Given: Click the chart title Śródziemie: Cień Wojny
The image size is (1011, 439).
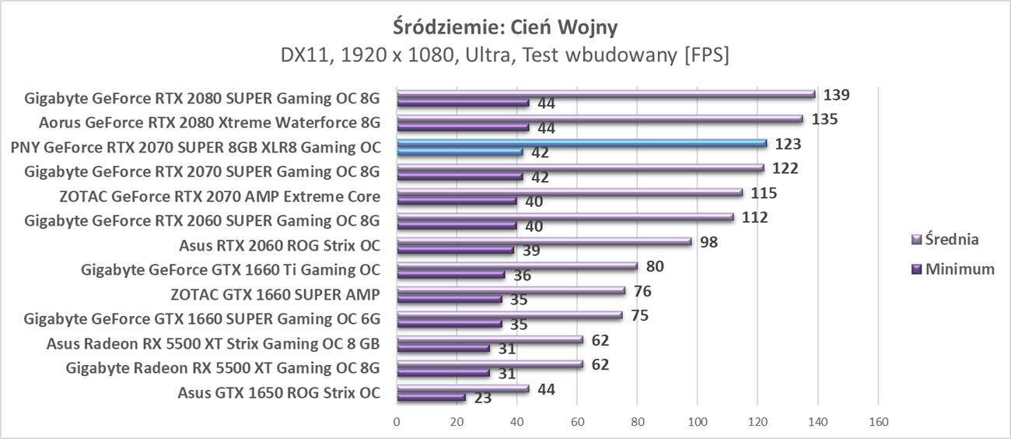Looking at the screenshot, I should click(x=505, y=26).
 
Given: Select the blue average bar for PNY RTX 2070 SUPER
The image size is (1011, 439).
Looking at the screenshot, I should click(x=581, y=143).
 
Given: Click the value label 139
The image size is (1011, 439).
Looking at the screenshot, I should click(x=837, y=95).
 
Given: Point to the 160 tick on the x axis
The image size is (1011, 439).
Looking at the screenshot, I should click(x=877, y=422).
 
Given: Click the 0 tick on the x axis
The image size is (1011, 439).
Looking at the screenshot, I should click(x=397, y=422).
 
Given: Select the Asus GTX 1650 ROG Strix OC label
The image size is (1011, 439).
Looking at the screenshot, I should click(x=279, y=393).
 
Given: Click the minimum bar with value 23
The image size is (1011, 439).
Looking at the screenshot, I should click(x=431, y=398).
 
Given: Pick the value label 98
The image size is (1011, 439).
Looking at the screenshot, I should click(x=708, y=242).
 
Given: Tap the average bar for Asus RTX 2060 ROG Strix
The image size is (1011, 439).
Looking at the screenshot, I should click(x=544, y=241).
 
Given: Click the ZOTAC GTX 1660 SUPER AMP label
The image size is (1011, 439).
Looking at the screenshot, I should click(x=275, y=295).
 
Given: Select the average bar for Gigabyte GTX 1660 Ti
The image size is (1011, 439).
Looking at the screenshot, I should click(x=516, y=266).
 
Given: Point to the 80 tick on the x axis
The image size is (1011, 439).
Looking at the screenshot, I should click(x=637, y=422).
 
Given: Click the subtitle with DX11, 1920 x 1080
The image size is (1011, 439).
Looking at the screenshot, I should click(x=505, y=56).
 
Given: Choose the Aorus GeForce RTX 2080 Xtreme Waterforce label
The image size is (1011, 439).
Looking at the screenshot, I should click(x=210, y=122).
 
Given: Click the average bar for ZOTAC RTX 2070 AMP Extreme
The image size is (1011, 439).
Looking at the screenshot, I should click(x=569, y=192).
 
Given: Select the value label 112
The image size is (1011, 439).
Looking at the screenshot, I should click(x=754, y=217).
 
